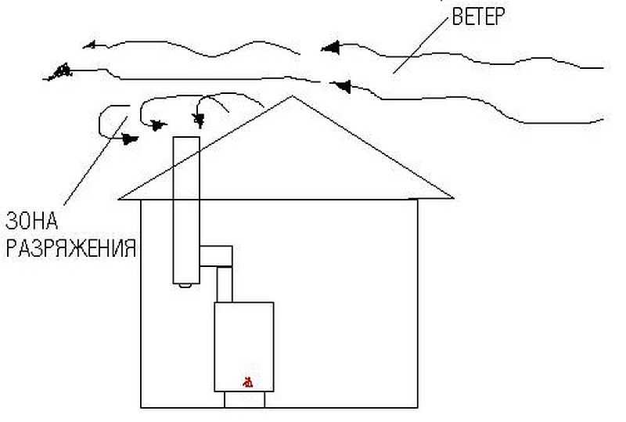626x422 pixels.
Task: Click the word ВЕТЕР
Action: coord(478,16)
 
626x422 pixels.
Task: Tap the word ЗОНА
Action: coord(31,221)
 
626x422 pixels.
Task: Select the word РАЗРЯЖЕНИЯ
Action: coord(71,248)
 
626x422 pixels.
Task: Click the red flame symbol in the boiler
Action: coord(248,382)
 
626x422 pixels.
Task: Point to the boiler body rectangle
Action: coord(244,347)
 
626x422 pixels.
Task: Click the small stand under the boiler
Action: coord(244,399)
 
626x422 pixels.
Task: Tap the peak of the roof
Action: coord(293,96)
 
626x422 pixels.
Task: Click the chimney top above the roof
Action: coord(186,138)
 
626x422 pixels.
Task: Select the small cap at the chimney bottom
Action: coord(185,285)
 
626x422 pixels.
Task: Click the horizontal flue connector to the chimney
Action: coord(216,256)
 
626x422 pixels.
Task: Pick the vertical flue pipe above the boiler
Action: coord(225,284)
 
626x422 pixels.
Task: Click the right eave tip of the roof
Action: coord(454,197)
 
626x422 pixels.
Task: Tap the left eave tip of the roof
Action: coord(120,198)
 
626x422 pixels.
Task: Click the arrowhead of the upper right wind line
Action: coord(330,48)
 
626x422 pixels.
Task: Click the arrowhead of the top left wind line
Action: coord(89,45)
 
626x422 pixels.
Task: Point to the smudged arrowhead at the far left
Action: coord(60,72)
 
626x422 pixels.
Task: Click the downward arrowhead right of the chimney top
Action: coord(199,119)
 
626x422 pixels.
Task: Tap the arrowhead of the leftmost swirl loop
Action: coord(129,139)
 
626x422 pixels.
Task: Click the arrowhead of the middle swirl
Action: coord(158,125)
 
